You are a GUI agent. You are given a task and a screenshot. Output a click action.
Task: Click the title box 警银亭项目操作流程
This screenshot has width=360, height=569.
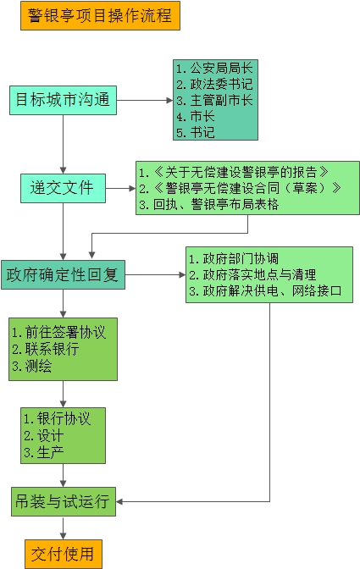pos(100,15)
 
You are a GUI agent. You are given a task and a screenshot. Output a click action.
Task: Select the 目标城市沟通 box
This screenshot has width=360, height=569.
pos(64,100)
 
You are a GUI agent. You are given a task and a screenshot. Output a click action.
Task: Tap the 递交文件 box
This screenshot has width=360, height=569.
pos(64,188)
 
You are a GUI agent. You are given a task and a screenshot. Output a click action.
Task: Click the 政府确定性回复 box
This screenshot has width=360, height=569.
pos(64,274)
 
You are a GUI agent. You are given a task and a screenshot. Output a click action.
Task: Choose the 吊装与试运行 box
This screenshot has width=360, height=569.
pos(64,501)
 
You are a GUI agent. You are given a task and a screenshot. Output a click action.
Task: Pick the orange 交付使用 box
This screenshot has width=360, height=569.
pos(64,554)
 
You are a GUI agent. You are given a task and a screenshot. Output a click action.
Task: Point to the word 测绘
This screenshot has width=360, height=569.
pos(38,366)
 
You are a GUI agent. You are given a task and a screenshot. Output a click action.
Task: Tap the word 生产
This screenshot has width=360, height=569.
pos(51,452)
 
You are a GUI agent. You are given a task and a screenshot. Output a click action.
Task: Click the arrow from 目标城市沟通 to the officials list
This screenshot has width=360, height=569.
pos(145,101)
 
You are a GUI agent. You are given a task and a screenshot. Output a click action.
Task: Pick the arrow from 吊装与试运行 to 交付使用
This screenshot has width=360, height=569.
pos(64,528)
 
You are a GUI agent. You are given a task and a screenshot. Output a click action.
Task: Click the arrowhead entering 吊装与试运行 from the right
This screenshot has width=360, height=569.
pos(119,502)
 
